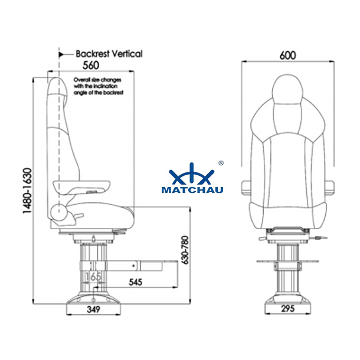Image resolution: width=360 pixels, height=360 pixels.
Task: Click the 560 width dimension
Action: [91, 66]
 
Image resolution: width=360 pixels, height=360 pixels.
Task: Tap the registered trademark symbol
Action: [221, 162]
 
